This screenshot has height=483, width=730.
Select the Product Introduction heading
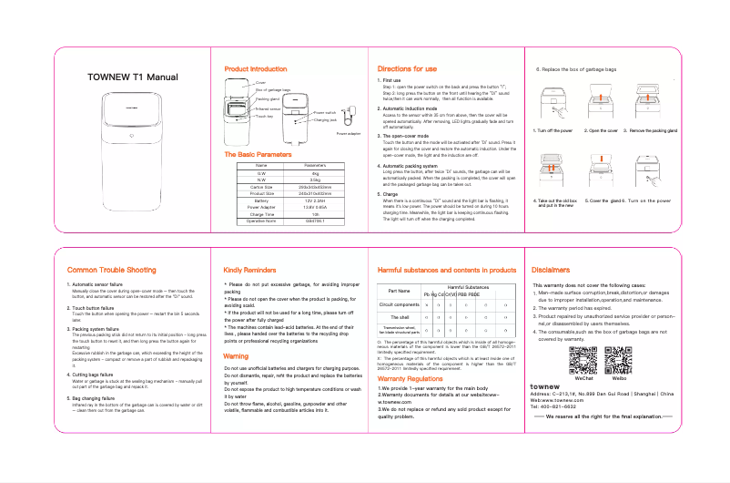pos(255,69)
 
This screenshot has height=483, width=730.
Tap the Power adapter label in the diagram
pos(349,133)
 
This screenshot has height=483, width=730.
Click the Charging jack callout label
pos(327,120)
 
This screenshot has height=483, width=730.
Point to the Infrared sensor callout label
pos(268,108)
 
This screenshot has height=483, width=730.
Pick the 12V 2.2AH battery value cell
pos(314,200)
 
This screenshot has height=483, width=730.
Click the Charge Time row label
pos(260,213)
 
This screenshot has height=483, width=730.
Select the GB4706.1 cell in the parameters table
pos(314,221)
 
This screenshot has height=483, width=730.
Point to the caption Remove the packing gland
pos(654,131)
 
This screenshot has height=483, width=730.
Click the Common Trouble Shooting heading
pos(111,271)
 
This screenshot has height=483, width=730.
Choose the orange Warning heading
pos(236,356)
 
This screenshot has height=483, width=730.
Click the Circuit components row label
pos(399,303)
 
